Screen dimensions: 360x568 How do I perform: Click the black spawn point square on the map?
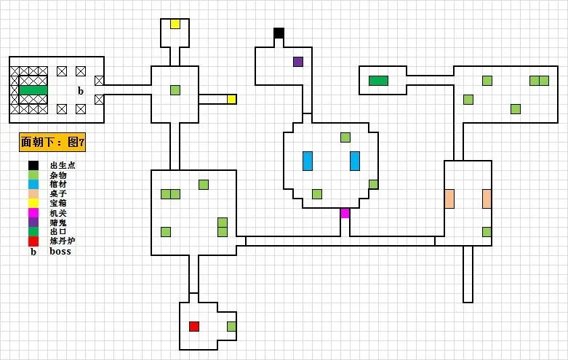[x=279, y=33]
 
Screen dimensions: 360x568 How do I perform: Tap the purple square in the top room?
[x=298, y=62]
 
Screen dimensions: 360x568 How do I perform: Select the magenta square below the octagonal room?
[x=345, y=213]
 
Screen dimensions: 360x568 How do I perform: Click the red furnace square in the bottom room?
[x=194, y=327]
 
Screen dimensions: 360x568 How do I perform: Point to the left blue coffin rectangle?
[x=308, y=161]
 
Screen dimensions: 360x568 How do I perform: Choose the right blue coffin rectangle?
[x=355, y=161]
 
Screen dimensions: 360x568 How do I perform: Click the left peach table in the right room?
[x=449, y=199]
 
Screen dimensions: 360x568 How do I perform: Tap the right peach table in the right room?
[x=487, y=199]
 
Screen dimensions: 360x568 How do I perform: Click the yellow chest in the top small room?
[x=175, y=24]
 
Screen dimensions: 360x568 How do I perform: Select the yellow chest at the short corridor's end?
[x=232, y=100]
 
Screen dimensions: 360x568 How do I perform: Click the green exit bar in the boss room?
[x=33, y=89]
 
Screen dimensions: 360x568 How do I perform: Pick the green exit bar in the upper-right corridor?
[x=378, y=81]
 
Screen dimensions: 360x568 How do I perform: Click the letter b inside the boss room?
[x=81, y=90]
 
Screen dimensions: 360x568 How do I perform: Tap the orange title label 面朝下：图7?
[x=52, y=143]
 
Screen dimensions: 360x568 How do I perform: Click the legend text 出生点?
[x=63, y=166]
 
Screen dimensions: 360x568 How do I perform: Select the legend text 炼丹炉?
[x=63, y=241]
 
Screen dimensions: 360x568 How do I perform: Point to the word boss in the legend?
[x=60, y=252]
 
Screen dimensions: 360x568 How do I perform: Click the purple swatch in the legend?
[x=33, y=223]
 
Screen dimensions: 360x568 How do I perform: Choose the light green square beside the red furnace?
[x=232, y=327]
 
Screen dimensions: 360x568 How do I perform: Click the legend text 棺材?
[x=58, y=185]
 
